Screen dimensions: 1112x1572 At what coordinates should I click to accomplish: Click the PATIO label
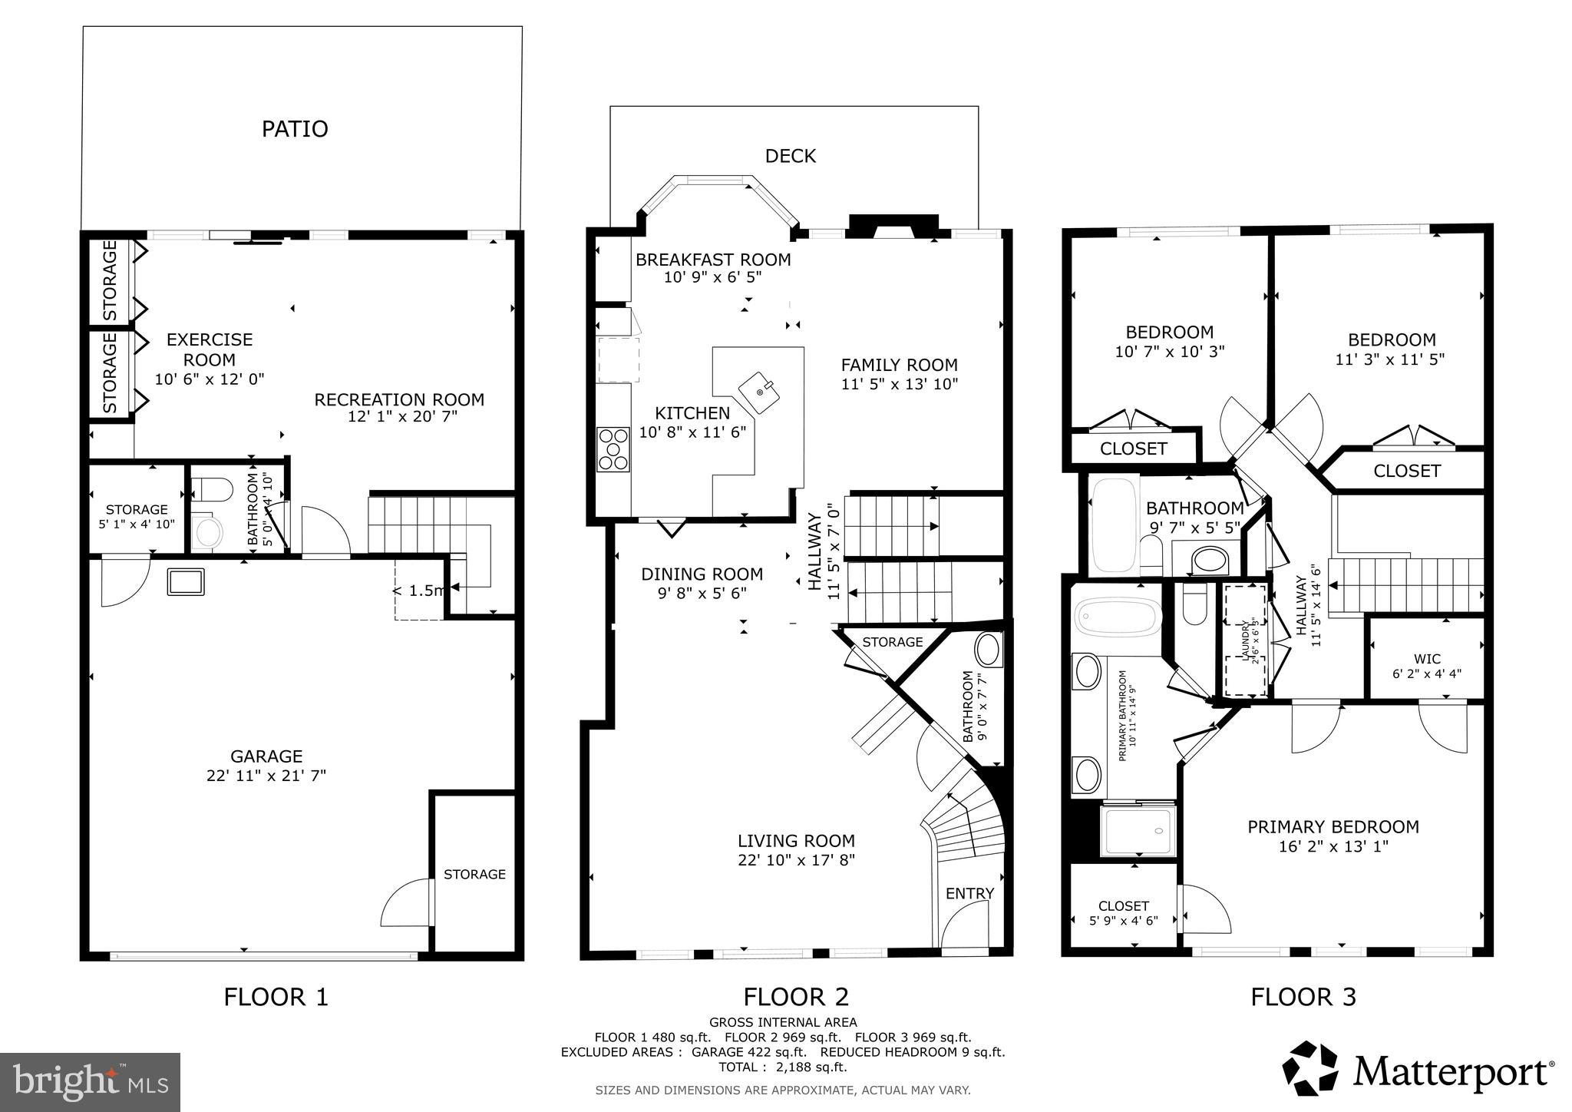pos(295,128)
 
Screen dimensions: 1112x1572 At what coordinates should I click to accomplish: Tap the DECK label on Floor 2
pos(790,156)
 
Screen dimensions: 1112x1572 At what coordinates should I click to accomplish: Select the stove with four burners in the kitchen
pos(613,449)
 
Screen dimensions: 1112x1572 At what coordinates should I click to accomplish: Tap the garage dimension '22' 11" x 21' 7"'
pos(266,776)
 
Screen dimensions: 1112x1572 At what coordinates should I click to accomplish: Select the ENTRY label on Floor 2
pos(969,893)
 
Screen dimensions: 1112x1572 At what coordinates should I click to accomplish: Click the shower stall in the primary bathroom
pos(1138,830)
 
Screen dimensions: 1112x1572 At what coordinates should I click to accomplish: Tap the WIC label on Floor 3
pos(1426,659)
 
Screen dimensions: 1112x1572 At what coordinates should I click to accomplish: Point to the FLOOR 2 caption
pos(795,997)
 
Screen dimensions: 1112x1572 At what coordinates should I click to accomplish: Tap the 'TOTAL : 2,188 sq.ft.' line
pos(782,1067)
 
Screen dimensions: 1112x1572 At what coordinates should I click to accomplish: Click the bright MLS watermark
pos(90,1082)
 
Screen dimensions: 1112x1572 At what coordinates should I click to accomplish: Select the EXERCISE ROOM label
pos(209,349)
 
